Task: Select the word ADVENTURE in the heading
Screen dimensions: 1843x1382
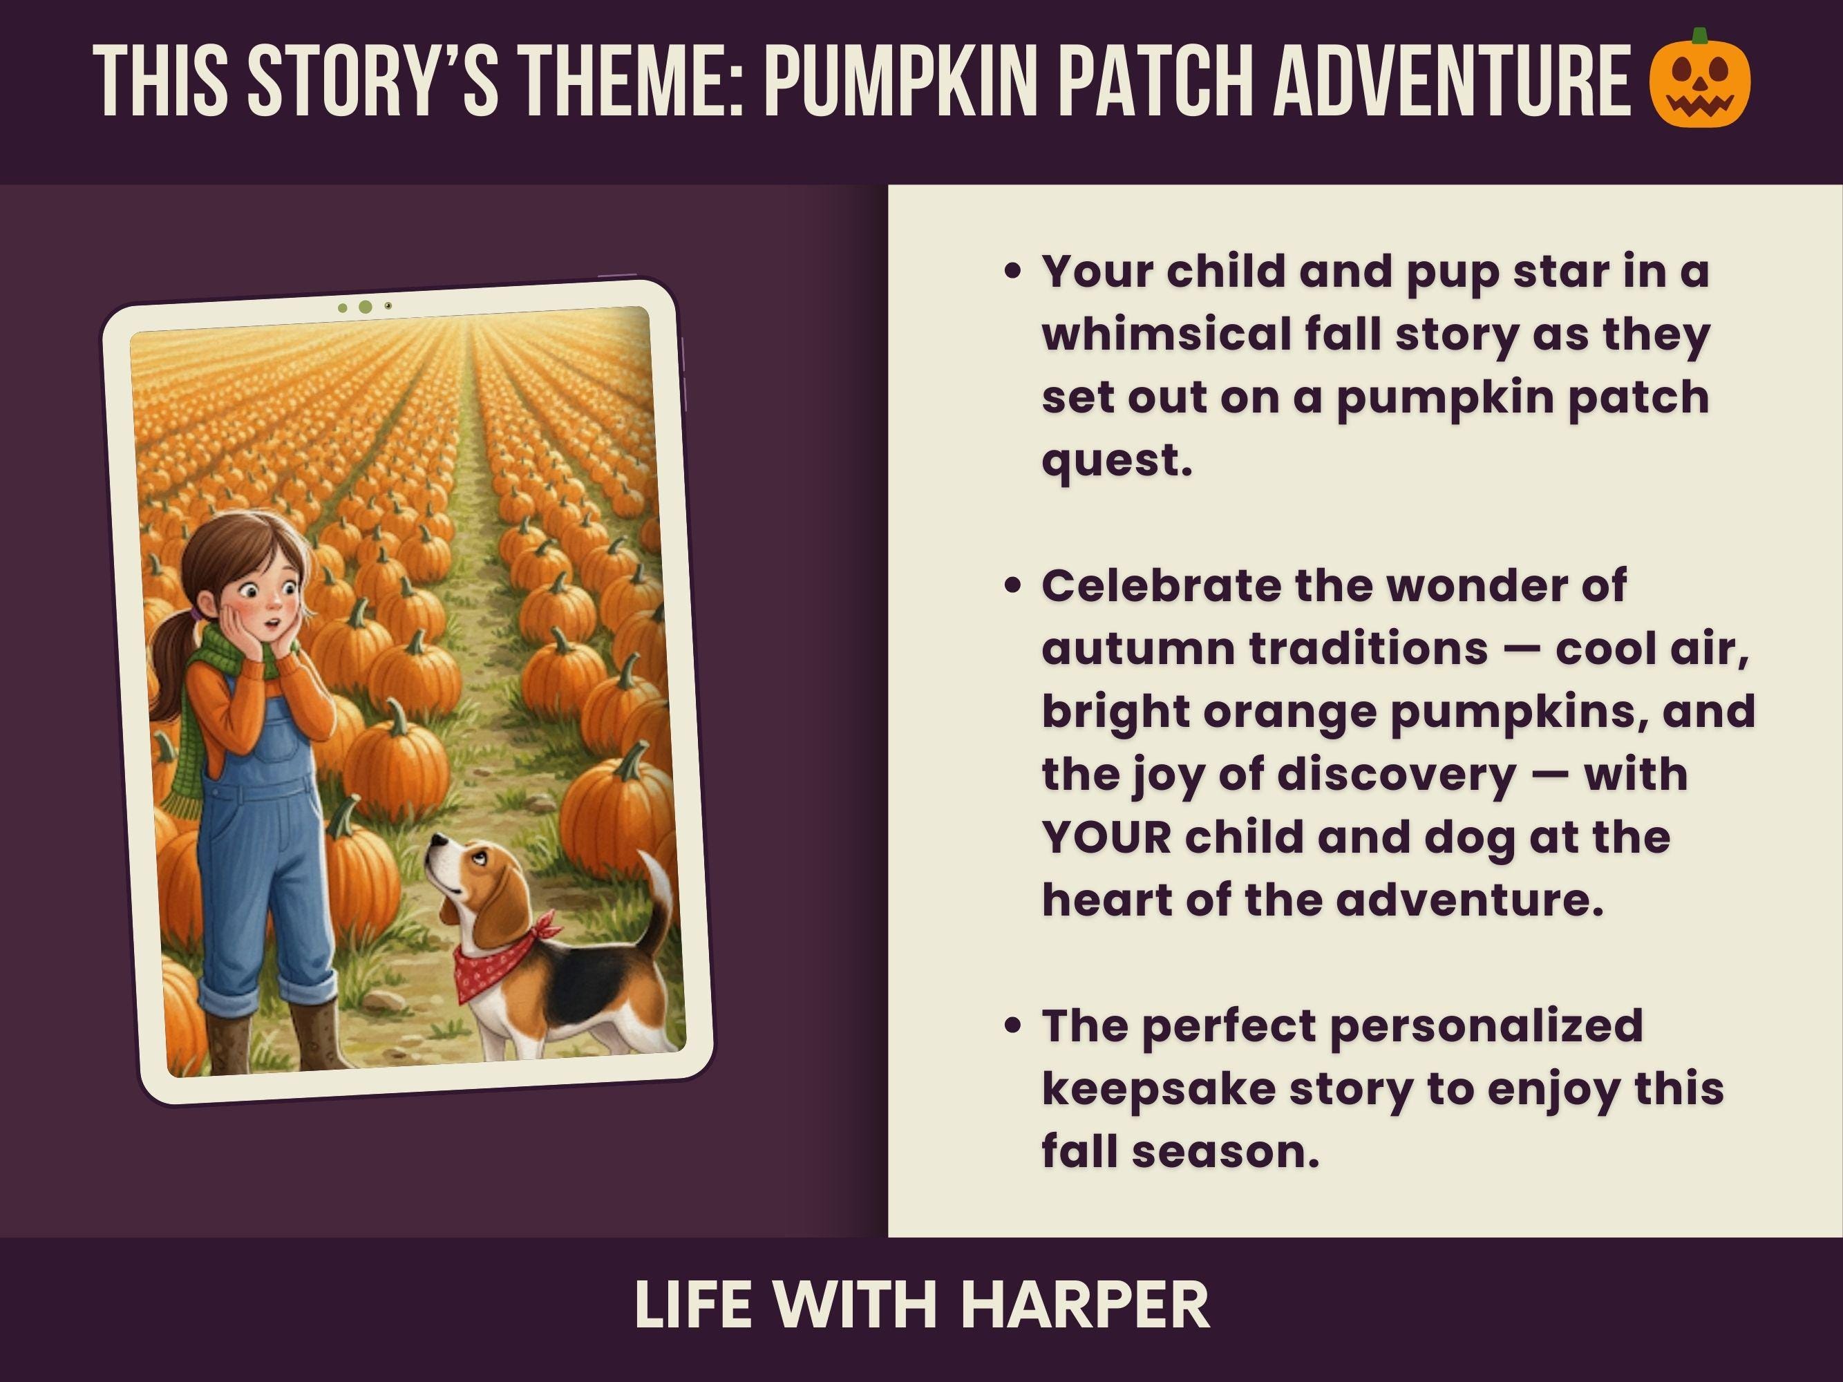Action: [x=1450, y=80]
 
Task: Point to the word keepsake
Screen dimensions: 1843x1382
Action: [x=1159, y=1089]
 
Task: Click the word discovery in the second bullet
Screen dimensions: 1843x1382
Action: [x=1396, y=775]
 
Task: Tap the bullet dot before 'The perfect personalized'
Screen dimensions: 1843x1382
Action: [x=1013, y=1025]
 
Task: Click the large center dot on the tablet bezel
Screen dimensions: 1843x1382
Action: [x=365, y=307]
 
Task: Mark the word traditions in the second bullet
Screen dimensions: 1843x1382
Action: [x=1368, y=649]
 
